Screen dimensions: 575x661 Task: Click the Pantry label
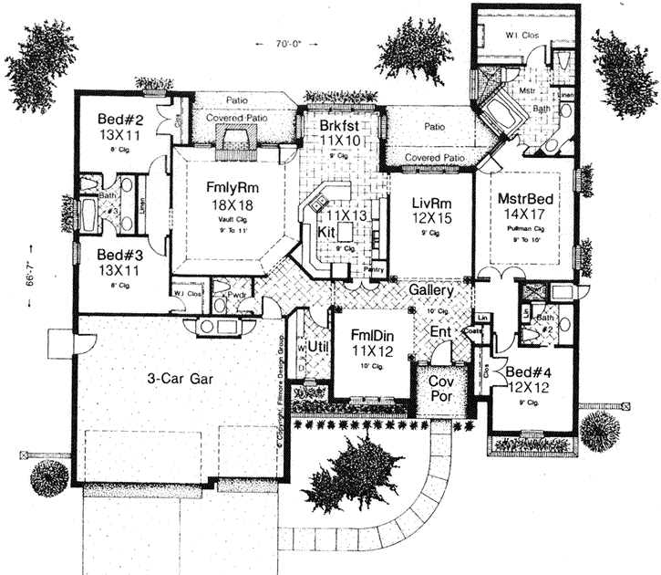(x=371, y=270)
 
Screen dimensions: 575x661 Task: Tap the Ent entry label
(x=441, y=332)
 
